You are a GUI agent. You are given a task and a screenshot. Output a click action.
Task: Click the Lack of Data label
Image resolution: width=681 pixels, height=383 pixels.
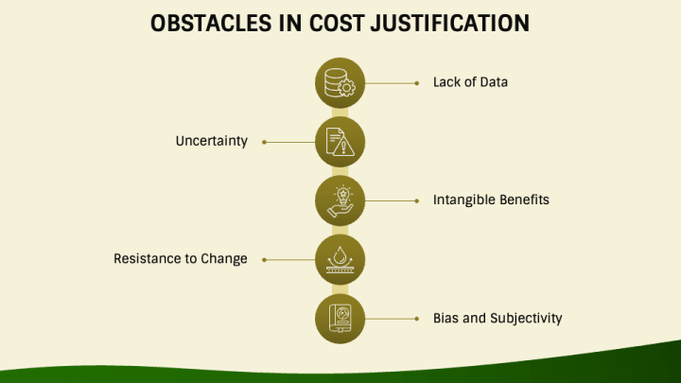click(470, 82)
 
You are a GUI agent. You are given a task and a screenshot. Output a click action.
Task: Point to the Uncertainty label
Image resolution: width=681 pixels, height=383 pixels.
click(211, 141)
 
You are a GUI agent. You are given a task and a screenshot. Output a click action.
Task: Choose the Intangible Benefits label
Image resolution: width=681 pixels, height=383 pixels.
click(491, 200)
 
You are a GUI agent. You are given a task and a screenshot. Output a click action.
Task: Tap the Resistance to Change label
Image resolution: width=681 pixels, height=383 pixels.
click(181, 259)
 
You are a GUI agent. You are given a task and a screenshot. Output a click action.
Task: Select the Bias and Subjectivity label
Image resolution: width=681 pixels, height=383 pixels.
click(498, 318)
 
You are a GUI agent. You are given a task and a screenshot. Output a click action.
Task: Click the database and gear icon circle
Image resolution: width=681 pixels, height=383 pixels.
click(340, 83)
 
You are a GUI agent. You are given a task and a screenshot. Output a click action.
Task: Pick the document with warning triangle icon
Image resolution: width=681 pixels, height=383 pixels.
click(340, 142)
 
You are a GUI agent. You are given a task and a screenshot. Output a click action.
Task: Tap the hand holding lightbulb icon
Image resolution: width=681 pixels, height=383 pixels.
click(340, 200)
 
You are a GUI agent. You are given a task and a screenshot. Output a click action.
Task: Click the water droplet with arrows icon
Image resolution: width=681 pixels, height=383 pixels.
click(340, 259)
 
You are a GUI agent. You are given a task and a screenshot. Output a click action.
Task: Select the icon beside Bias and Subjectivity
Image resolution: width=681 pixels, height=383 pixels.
click(340, 319)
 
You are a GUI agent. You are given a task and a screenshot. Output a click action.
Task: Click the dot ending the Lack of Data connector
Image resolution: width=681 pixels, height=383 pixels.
click(416, 83)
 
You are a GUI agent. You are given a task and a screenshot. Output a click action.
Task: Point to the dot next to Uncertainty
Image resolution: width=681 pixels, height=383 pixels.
click(264, 142)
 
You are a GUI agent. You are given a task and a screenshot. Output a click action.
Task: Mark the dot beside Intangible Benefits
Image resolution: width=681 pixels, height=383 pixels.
click(416, 200)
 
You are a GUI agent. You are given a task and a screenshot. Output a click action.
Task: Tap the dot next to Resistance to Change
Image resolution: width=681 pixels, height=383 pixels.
click(264, 259)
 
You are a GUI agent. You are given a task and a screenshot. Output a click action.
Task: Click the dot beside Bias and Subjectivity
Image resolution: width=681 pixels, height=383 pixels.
click(416, 319)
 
